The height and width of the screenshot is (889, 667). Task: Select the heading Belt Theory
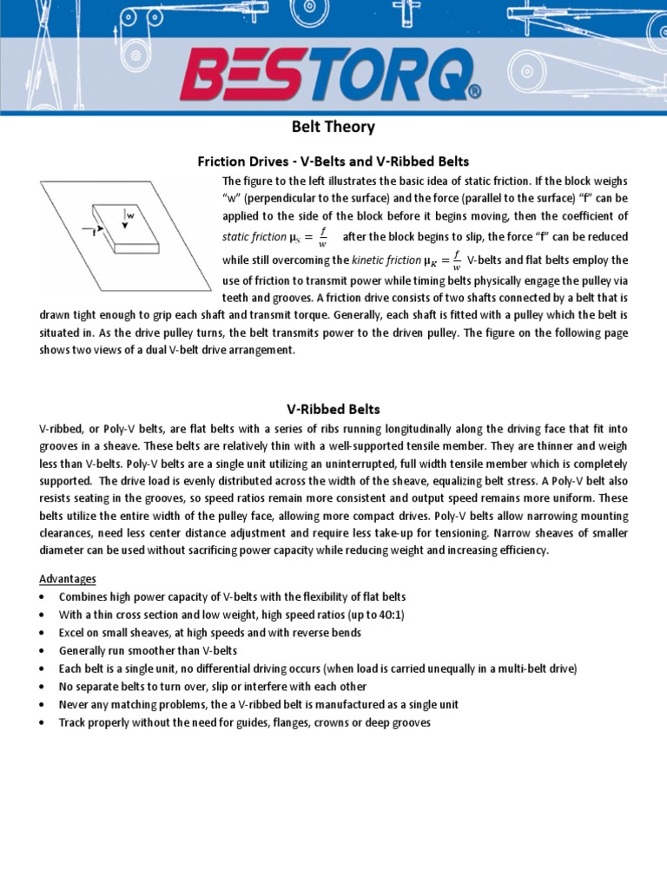[x=333, y=128]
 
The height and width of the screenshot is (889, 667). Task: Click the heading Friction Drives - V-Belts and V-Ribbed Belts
[x=333, y=161]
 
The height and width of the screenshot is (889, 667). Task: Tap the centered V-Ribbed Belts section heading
[x=333, y=408]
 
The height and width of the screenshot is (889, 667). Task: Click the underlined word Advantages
[x=68, y=578]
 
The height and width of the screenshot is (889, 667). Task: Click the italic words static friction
[x=254, y=237]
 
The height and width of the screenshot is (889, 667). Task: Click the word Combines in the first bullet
[x=83, y=596]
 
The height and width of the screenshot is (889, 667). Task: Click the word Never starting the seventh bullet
[x=75, y=704]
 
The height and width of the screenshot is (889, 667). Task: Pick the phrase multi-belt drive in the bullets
[x=535, y=668]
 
